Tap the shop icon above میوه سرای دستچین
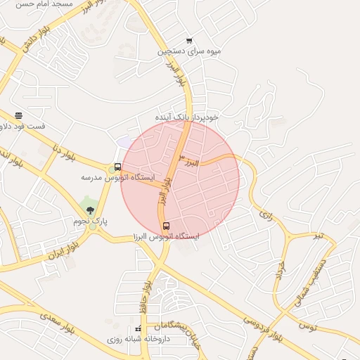coord(188,41)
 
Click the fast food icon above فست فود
coord(18,115)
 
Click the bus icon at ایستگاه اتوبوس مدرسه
coord(117,167)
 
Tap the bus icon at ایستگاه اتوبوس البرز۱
coord(166,226)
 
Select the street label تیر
coord(318,235)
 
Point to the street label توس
coord(308,326)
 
